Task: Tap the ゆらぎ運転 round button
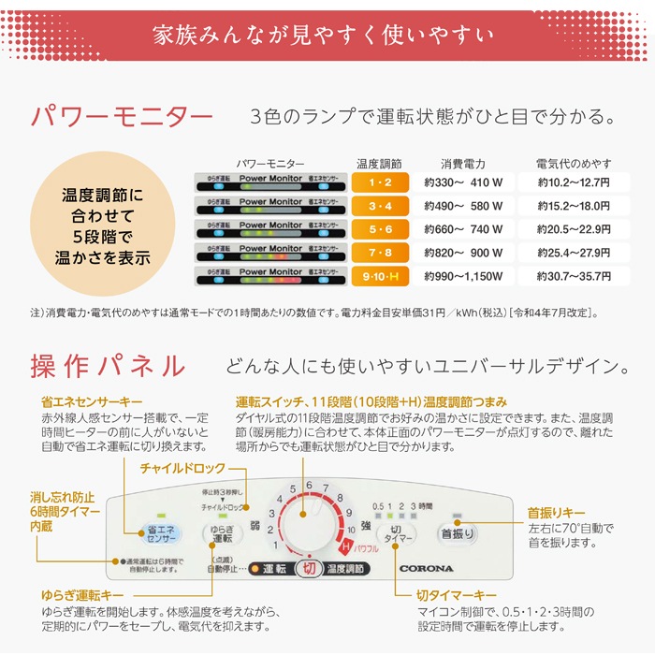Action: pyautogui.click(x=222, y=536)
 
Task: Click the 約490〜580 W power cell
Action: pyautogui.click(x=463, y=206)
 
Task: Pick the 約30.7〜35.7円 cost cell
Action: pyautogui.click(x=574, y=276)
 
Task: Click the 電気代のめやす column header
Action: pyautogui.click(x=574, y=163)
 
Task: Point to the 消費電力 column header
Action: pyautogui.click(x=463, y=163)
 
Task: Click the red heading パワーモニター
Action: pyautogui.click(x=123, y=118)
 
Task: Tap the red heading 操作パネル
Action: pyautogui.click(x=108, y=364)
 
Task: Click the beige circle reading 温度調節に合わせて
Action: pyautogui.click(x=105, y=226)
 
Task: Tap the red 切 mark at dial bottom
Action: pyautogui.click(x=308, y=568)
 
